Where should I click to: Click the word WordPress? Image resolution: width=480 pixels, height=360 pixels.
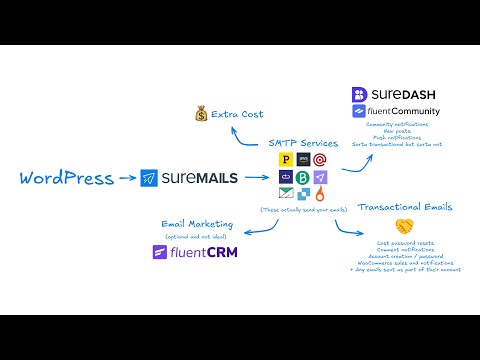(x=65, y=179)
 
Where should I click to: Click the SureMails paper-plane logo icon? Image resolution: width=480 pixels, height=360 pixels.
(x=150, y=179)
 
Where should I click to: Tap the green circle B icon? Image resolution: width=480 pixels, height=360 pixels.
(x=302, y=177)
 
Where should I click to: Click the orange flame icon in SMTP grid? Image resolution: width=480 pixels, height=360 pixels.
(x=319, y=193)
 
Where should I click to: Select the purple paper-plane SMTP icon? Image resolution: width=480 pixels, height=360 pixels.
(x=319, y=177)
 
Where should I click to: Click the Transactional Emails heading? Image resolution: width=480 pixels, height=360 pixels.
(x=404, y=208)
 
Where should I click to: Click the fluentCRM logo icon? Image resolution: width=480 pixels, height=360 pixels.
(x=160, y=253)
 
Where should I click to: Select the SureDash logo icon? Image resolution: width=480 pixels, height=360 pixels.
(x=360, y=95)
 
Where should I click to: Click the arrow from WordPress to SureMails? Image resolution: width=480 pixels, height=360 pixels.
(x=125, y=179)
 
